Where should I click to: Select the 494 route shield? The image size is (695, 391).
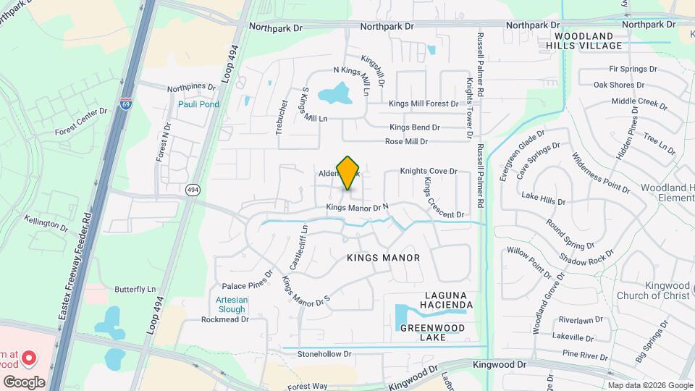click(192, 190)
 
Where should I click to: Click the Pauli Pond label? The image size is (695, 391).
click(198, 104)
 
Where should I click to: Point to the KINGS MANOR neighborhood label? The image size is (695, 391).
click(383, 258)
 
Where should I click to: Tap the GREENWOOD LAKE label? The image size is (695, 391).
click(433, 332)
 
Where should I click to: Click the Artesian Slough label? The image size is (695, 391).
click(232, 305)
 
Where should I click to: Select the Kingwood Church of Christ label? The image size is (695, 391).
click(653, 290)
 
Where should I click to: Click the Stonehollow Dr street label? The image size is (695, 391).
click(324, 354)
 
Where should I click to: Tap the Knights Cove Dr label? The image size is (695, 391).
click(430, 172)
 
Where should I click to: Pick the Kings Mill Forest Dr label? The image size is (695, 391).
click(424, 104)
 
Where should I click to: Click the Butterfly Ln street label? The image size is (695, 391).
click(135, 289)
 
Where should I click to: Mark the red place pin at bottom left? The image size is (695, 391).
click(29, 357)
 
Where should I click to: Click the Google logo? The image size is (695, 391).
click(24, 382)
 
